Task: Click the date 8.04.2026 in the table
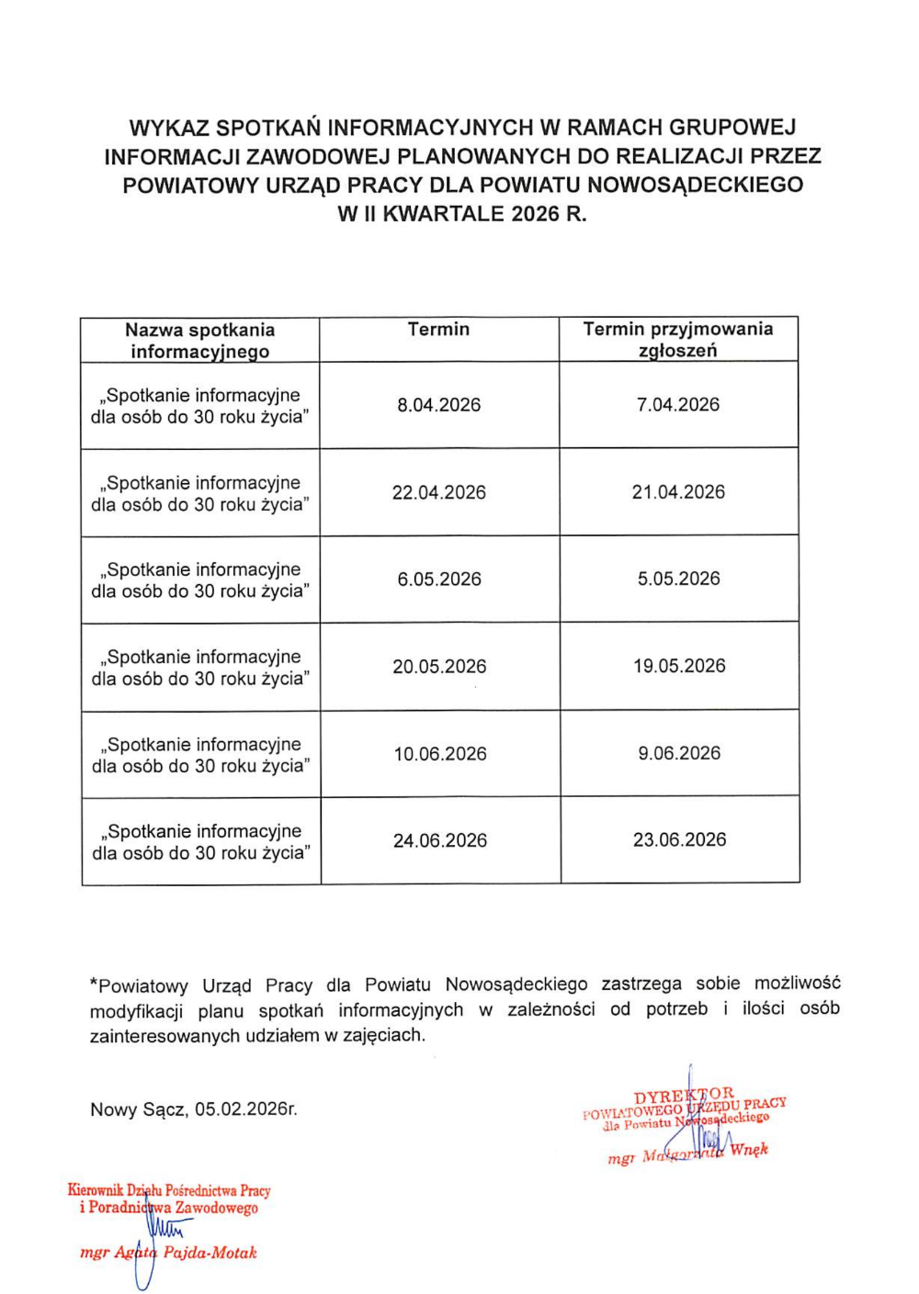tap(438, 405)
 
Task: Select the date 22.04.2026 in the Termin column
tap(438, 492)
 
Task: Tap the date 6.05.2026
tap(439, 579)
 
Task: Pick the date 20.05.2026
tap(439, 667)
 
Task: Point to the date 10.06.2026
tap(440, 754)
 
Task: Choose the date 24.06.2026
tap(440, 840)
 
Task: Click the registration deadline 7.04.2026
tap(678, 404)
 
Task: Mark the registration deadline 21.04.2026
tap(678, 491)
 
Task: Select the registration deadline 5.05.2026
tap(679, 579)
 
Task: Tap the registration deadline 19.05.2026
tap(679, 666)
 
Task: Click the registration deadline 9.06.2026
tap(680, 753)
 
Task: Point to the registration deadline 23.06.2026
tap(680, 839)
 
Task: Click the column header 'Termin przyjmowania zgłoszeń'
tap(678, 339)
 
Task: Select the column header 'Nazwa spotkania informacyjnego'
tap(200, 340)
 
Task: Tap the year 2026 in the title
tap(535, 214)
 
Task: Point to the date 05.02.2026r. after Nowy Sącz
tap(245, 1109)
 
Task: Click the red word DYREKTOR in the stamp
tap(684, 1096)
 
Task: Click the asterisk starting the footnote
tap(94, 985)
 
